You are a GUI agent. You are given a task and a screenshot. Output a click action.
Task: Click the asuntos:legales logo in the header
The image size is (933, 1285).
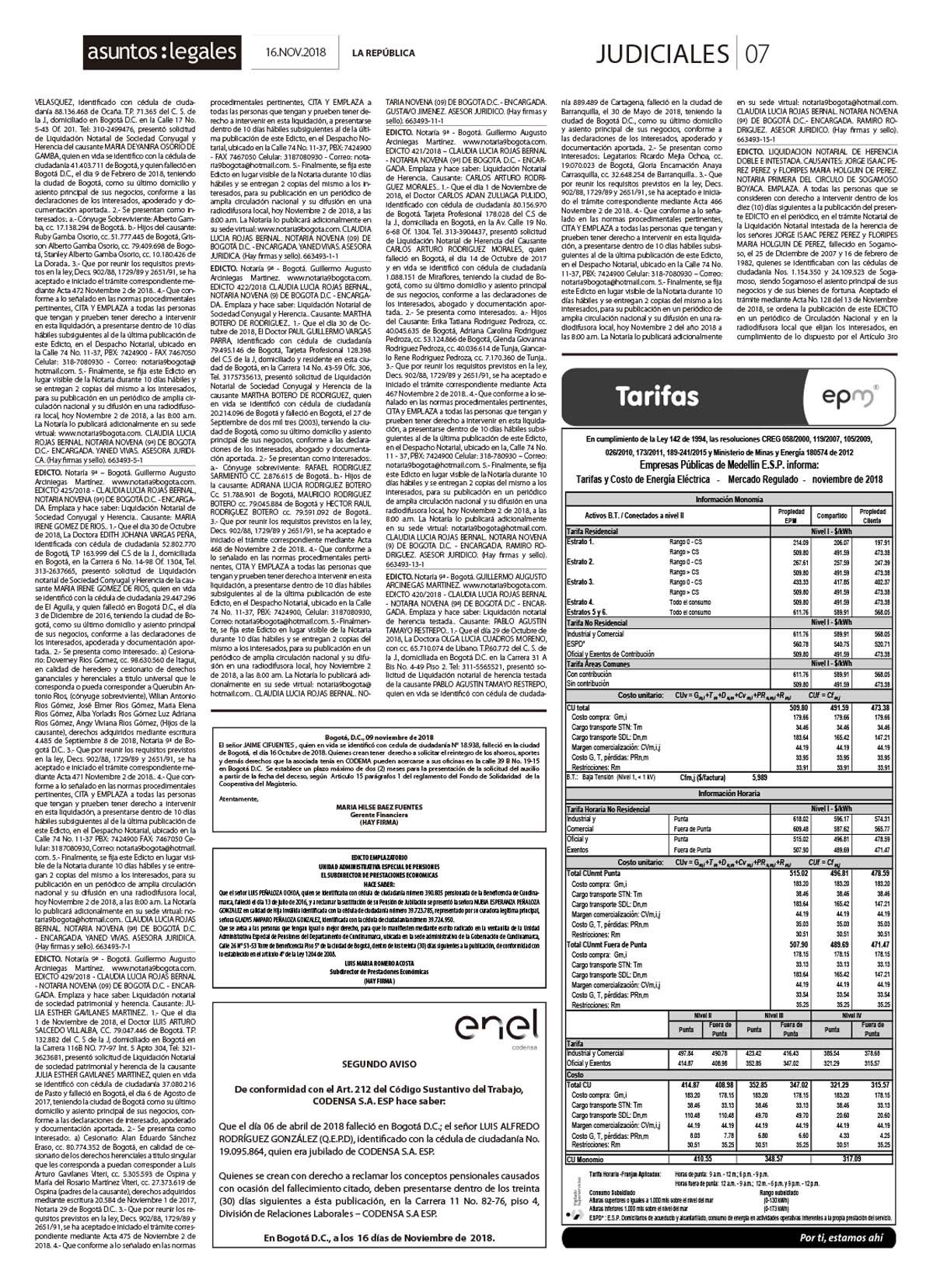[162, 52]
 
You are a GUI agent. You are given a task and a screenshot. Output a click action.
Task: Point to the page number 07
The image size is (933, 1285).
[757, 53]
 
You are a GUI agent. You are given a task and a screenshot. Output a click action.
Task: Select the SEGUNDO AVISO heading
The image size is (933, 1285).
[378, 1063]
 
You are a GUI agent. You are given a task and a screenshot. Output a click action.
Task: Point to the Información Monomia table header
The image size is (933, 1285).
[729, 500]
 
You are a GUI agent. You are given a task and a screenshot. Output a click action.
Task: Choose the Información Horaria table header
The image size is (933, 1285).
[729, 794]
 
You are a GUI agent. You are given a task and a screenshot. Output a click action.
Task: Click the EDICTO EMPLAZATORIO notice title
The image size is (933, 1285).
[378, 857]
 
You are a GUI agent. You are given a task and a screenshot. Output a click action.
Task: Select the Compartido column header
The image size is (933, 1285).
[830, 515]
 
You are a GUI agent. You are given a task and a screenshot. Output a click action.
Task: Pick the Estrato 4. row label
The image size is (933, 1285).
[581, 602]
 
